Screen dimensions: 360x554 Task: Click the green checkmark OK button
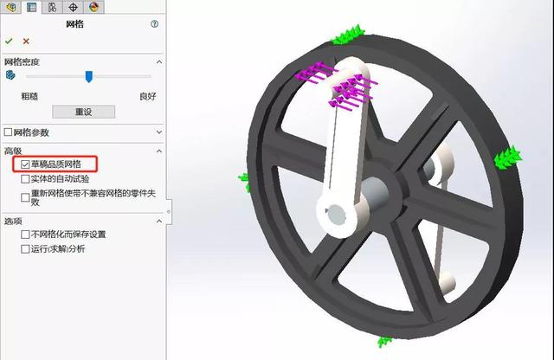pyautogui.click(x=9, y=41)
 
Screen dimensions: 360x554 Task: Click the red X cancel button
pyautogui.click(x=26, y=41)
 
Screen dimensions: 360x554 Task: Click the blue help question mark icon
pyautogui.click(x=154, y=24)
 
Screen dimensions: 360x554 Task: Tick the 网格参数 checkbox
pyautogui.click(x=9, y=132)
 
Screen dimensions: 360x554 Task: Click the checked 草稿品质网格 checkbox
pyautogui.click(x=25, y=164)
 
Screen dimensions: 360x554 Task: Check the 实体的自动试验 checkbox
pyautogui.click(x=25, y=179)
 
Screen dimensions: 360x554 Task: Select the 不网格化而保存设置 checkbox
pyautogui.click(x=25, y=235)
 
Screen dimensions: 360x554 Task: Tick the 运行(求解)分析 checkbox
pyautogui.click(x=25, y=249)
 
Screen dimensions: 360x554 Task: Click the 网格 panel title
pyautogui.click(x=75, y=24)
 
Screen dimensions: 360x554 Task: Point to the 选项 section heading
pyautogui.click(x=13, y=221)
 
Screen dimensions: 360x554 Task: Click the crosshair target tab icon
pyautogui.click(x=73, y=7)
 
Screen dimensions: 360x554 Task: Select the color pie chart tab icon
pyautogui.click(x=93, y=7)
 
